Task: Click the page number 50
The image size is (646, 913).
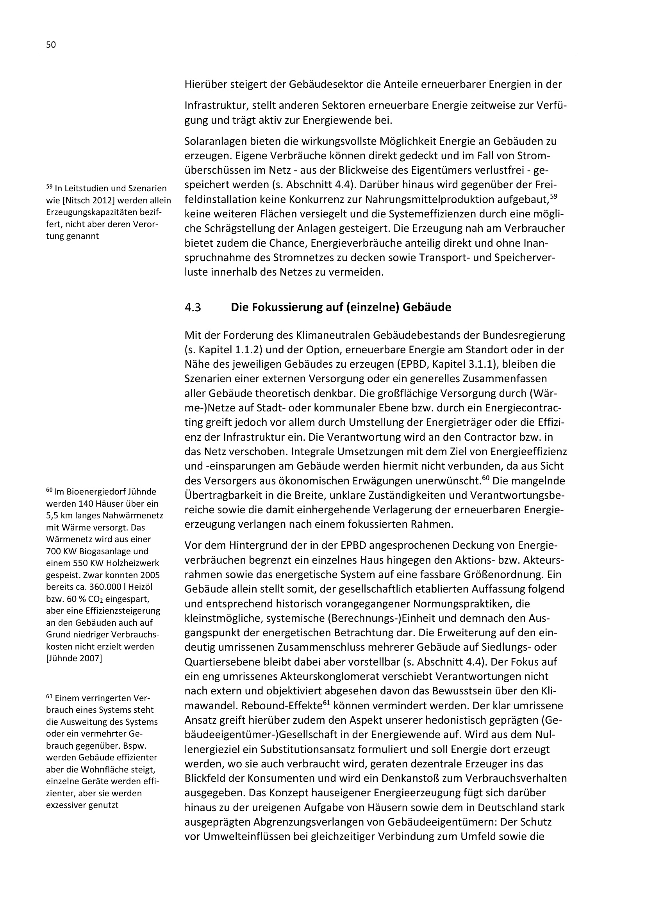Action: [51, 45]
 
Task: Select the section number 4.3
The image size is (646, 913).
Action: [193, 307]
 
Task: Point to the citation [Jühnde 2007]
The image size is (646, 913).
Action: [74, 658]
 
